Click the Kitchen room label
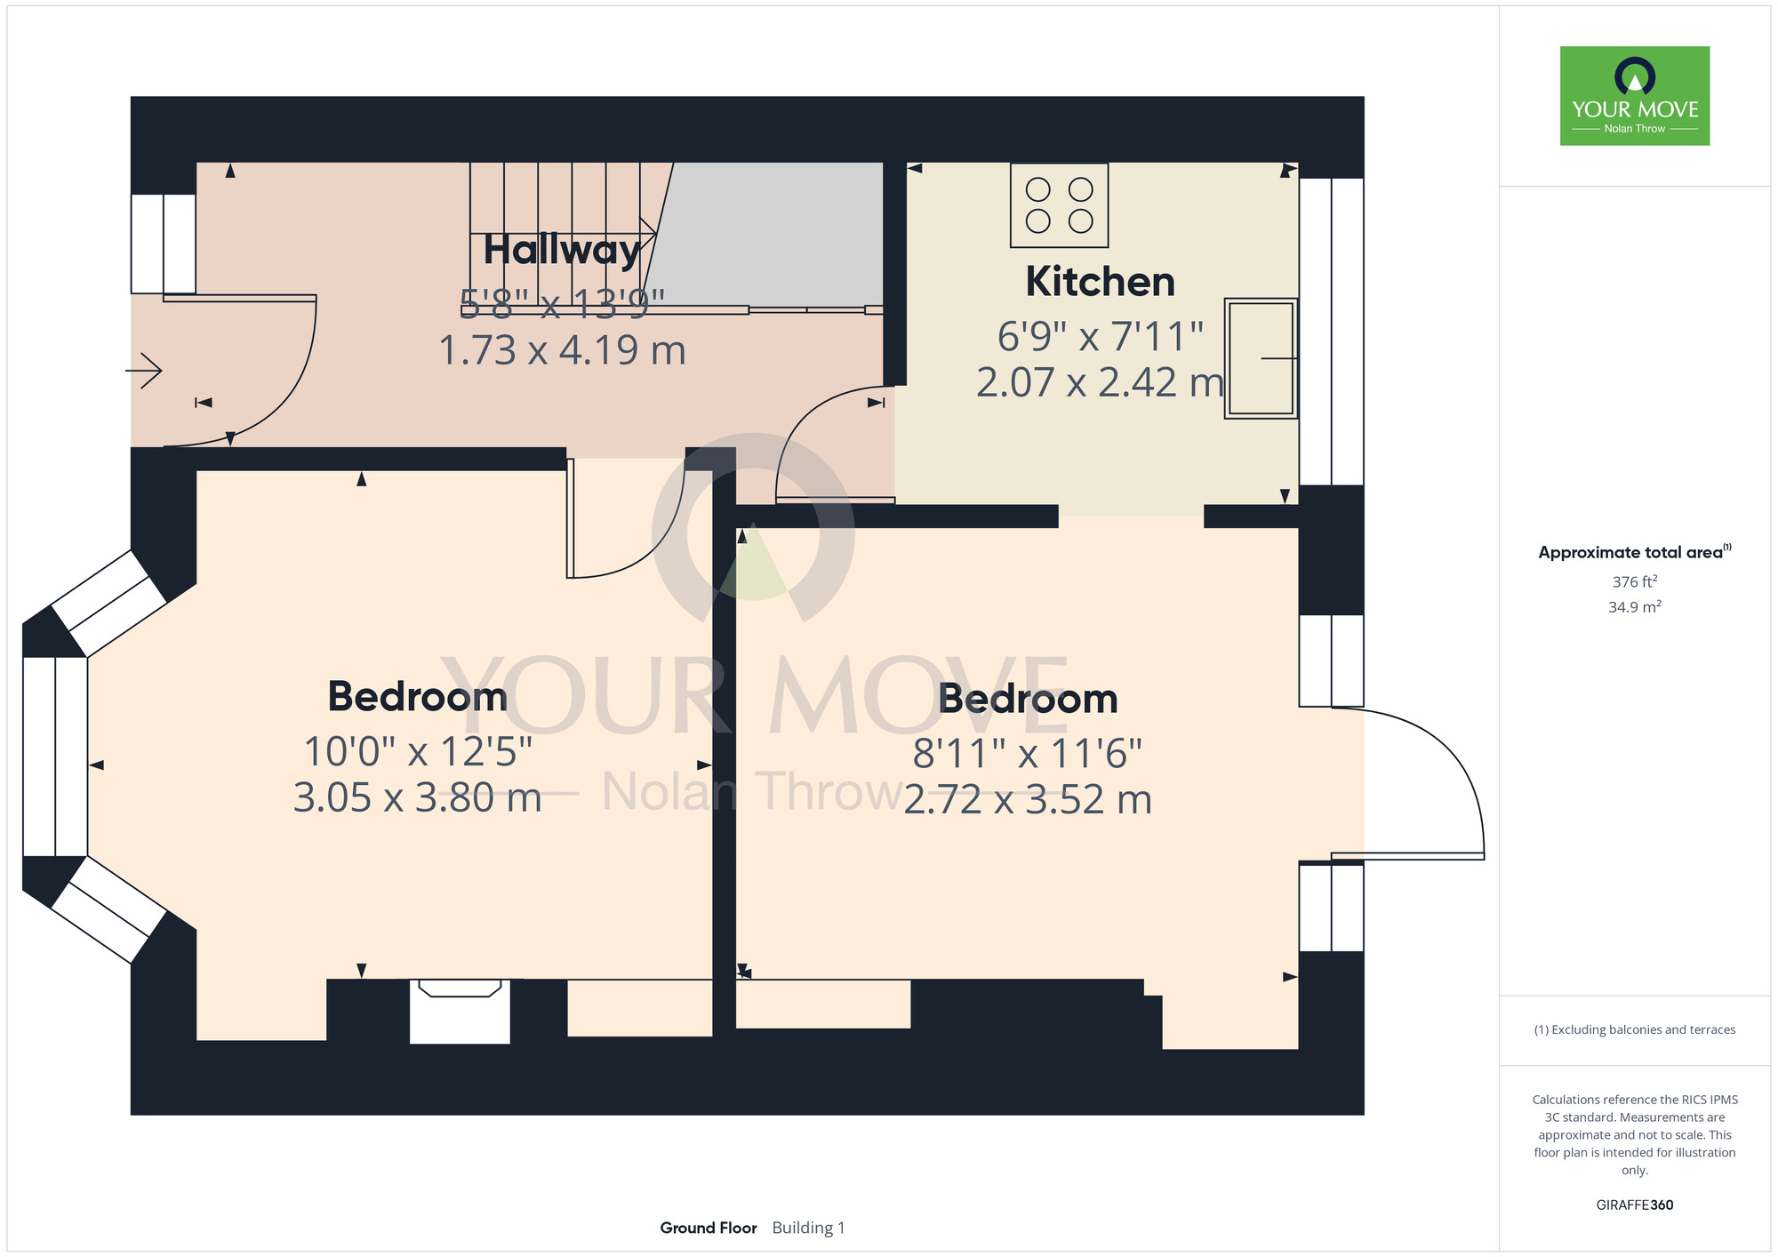1100,282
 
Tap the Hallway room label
562,250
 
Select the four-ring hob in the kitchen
1059,204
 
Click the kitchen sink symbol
1261,358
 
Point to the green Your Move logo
1634,96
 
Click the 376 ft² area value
1634,581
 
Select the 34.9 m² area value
1634,607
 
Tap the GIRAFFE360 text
1634,1205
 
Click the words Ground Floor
709,1228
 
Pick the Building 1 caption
808,1228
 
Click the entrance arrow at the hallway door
144,370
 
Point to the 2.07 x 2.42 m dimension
1100,382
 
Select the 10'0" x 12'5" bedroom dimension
418,752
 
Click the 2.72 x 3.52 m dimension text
1028,799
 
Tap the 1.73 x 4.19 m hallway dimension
562,350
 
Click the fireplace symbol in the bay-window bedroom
460,1011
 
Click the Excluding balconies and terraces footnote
1634,1029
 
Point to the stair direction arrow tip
656,233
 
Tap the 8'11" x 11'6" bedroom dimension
1028,754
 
